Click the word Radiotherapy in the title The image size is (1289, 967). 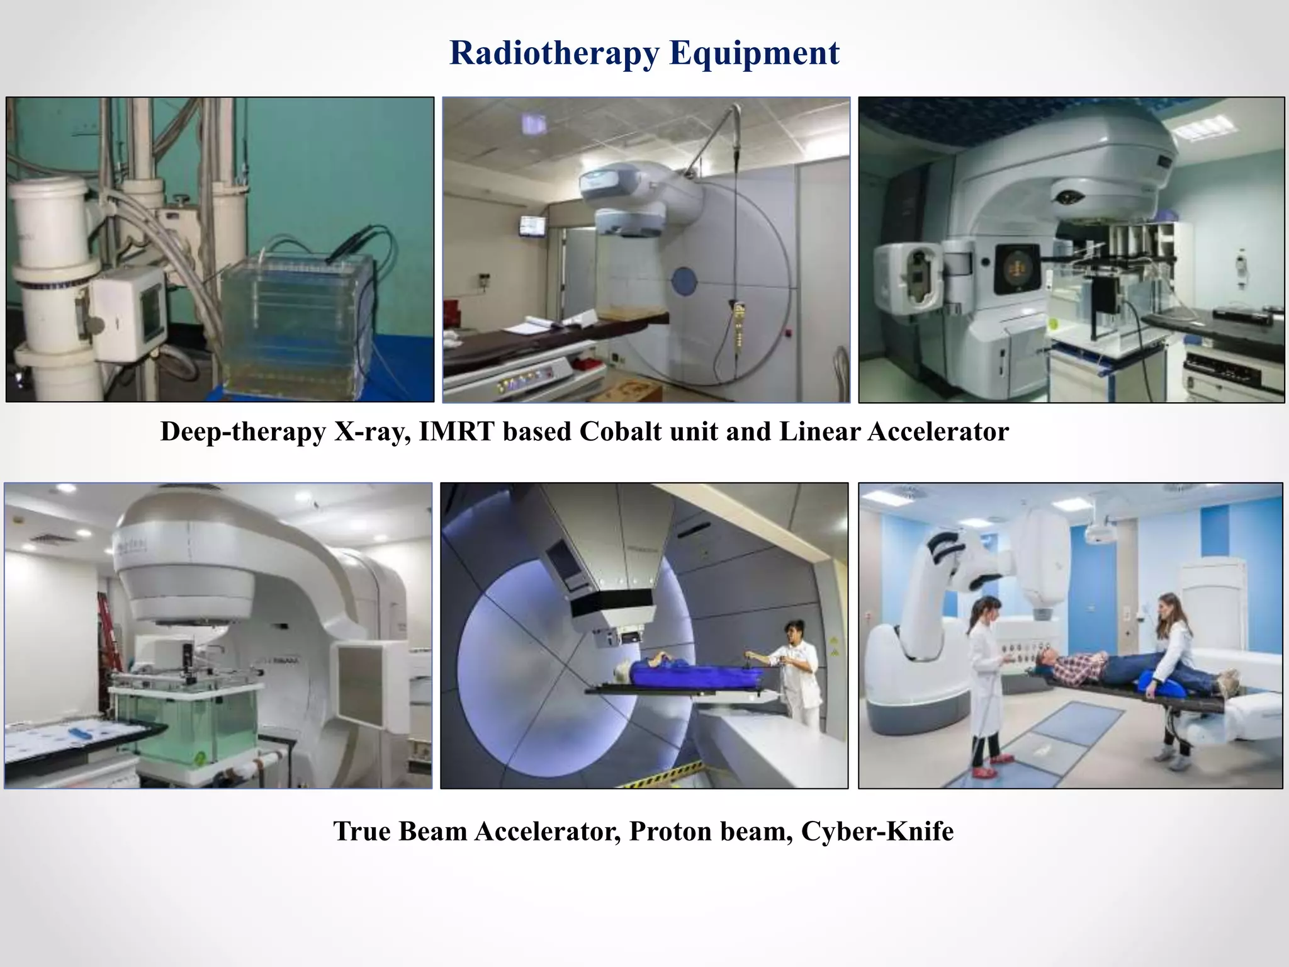point(554,53)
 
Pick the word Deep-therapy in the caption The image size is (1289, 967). point(243,432)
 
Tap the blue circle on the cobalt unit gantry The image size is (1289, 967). point(684,280)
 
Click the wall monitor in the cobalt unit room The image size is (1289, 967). point(532,225)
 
